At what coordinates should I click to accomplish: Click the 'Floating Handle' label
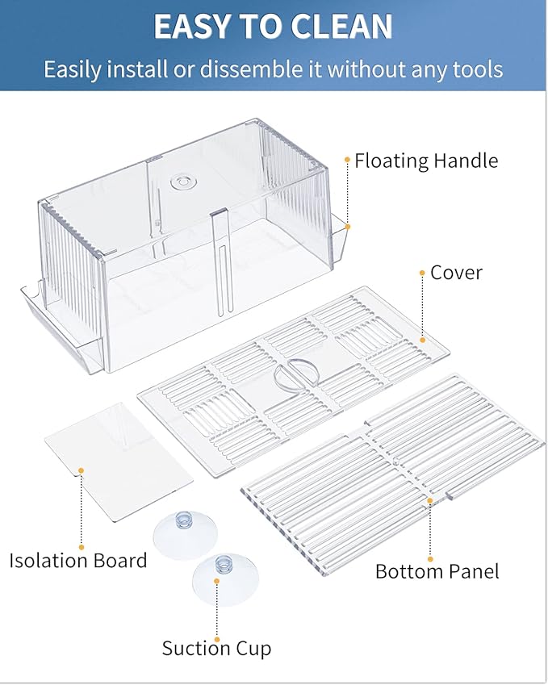426,161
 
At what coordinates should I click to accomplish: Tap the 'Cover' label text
456,273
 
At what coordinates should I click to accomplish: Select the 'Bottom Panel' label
437,571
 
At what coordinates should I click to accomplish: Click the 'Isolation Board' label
78,560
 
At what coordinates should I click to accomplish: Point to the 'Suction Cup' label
216,648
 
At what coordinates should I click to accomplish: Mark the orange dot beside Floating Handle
347,161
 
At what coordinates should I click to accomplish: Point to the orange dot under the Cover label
421,274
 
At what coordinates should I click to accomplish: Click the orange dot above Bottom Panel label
430,558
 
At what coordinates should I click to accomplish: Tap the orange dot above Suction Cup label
216,579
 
